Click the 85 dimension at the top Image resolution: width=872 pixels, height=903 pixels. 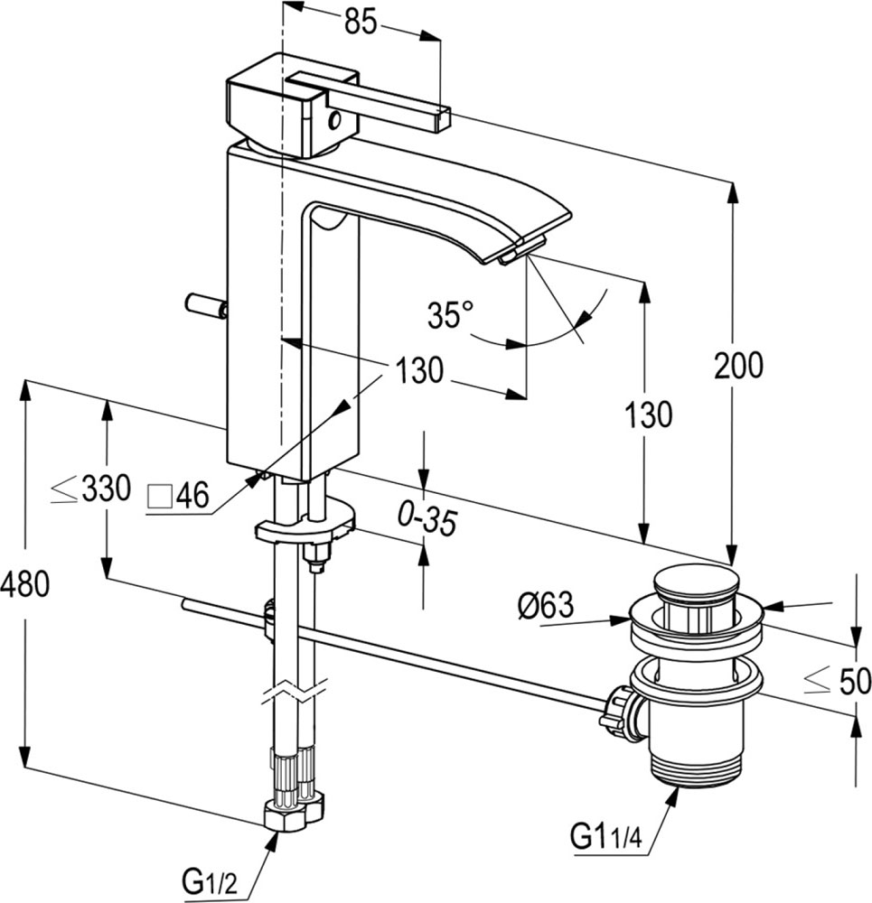[361, 22]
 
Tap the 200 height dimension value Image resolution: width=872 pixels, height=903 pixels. [738, 365]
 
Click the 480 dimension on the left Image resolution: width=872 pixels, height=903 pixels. [25, 584]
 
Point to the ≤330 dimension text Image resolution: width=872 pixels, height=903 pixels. [90, 489]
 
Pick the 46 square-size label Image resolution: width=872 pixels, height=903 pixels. [179, 495]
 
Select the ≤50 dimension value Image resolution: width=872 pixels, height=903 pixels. [838, 681]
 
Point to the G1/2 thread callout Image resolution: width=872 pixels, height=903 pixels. [210, 880]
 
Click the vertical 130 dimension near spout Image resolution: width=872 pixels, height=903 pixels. [649, 414]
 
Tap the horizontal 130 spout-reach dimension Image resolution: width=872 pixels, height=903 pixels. [419, 369]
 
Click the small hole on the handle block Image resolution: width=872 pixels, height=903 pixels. [333, 120]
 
